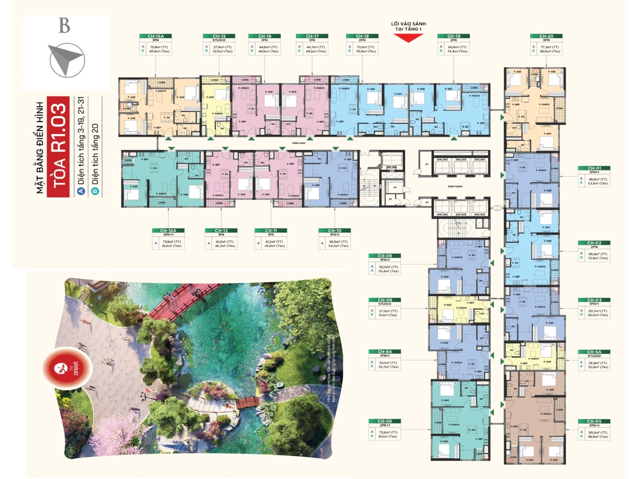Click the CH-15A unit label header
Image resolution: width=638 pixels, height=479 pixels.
coord(156,36)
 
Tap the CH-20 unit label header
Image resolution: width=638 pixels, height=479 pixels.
coord(546,36)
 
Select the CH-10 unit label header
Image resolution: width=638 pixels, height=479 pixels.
coord(335,230)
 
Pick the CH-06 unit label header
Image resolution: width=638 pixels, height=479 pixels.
coord(385,421)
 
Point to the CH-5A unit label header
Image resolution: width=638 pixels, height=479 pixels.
coord(594,352)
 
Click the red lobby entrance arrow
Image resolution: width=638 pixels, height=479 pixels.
coord(408,38)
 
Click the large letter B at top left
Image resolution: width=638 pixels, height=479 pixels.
coord(64,26)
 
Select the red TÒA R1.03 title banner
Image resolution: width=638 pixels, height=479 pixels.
coord(59,146)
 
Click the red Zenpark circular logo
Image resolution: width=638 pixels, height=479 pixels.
coord(68,368)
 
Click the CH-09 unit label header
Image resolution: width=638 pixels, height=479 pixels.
coord(385,255)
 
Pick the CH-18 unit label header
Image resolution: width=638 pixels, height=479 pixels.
coord(362,36)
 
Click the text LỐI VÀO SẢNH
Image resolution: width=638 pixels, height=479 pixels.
coord(408,24)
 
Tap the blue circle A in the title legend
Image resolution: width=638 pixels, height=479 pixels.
coord(81,191)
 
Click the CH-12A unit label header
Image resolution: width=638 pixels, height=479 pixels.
coord(168,230)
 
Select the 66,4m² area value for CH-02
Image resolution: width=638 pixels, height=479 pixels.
coord(598,254)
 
